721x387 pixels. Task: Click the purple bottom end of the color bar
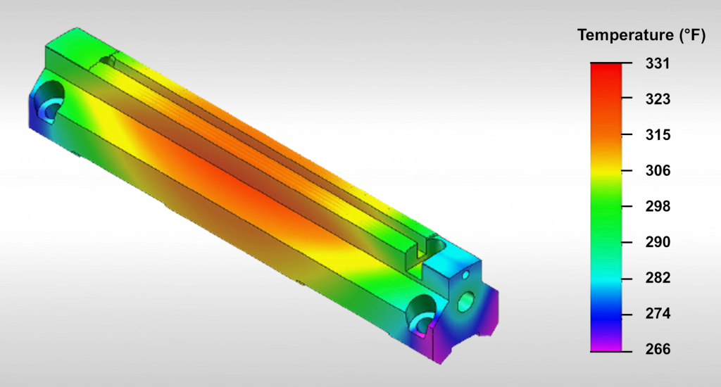click(606, 345)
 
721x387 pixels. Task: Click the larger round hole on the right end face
click(465, 302)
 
